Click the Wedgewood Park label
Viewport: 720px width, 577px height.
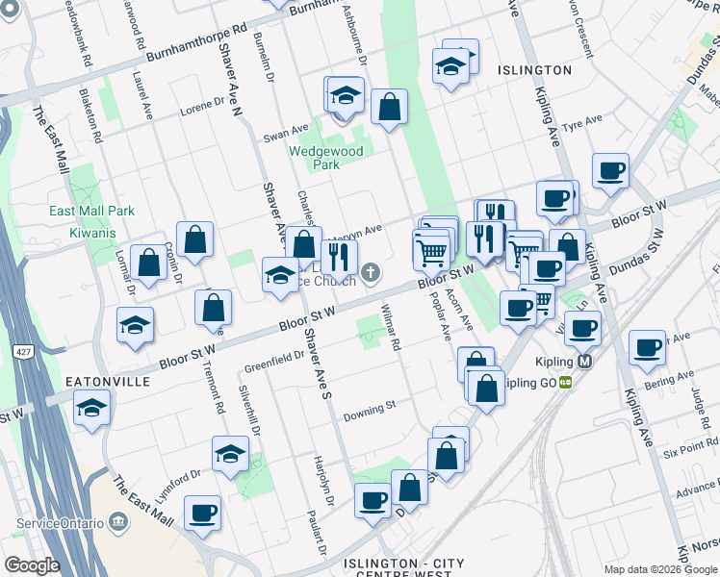point(327,158)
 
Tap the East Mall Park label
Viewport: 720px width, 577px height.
point(92,211)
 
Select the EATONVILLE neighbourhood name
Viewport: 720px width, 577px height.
point(108,382)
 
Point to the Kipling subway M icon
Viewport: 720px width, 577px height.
point(586,363)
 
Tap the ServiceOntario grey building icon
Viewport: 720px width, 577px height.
point(119,520)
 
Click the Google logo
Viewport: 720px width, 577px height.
point(32,565)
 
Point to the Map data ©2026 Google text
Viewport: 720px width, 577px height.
point(659,569)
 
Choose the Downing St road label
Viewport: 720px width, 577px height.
point(371,409)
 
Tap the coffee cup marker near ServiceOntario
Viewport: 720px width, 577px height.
point(202,513)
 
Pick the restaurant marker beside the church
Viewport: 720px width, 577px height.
point(339,257)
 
